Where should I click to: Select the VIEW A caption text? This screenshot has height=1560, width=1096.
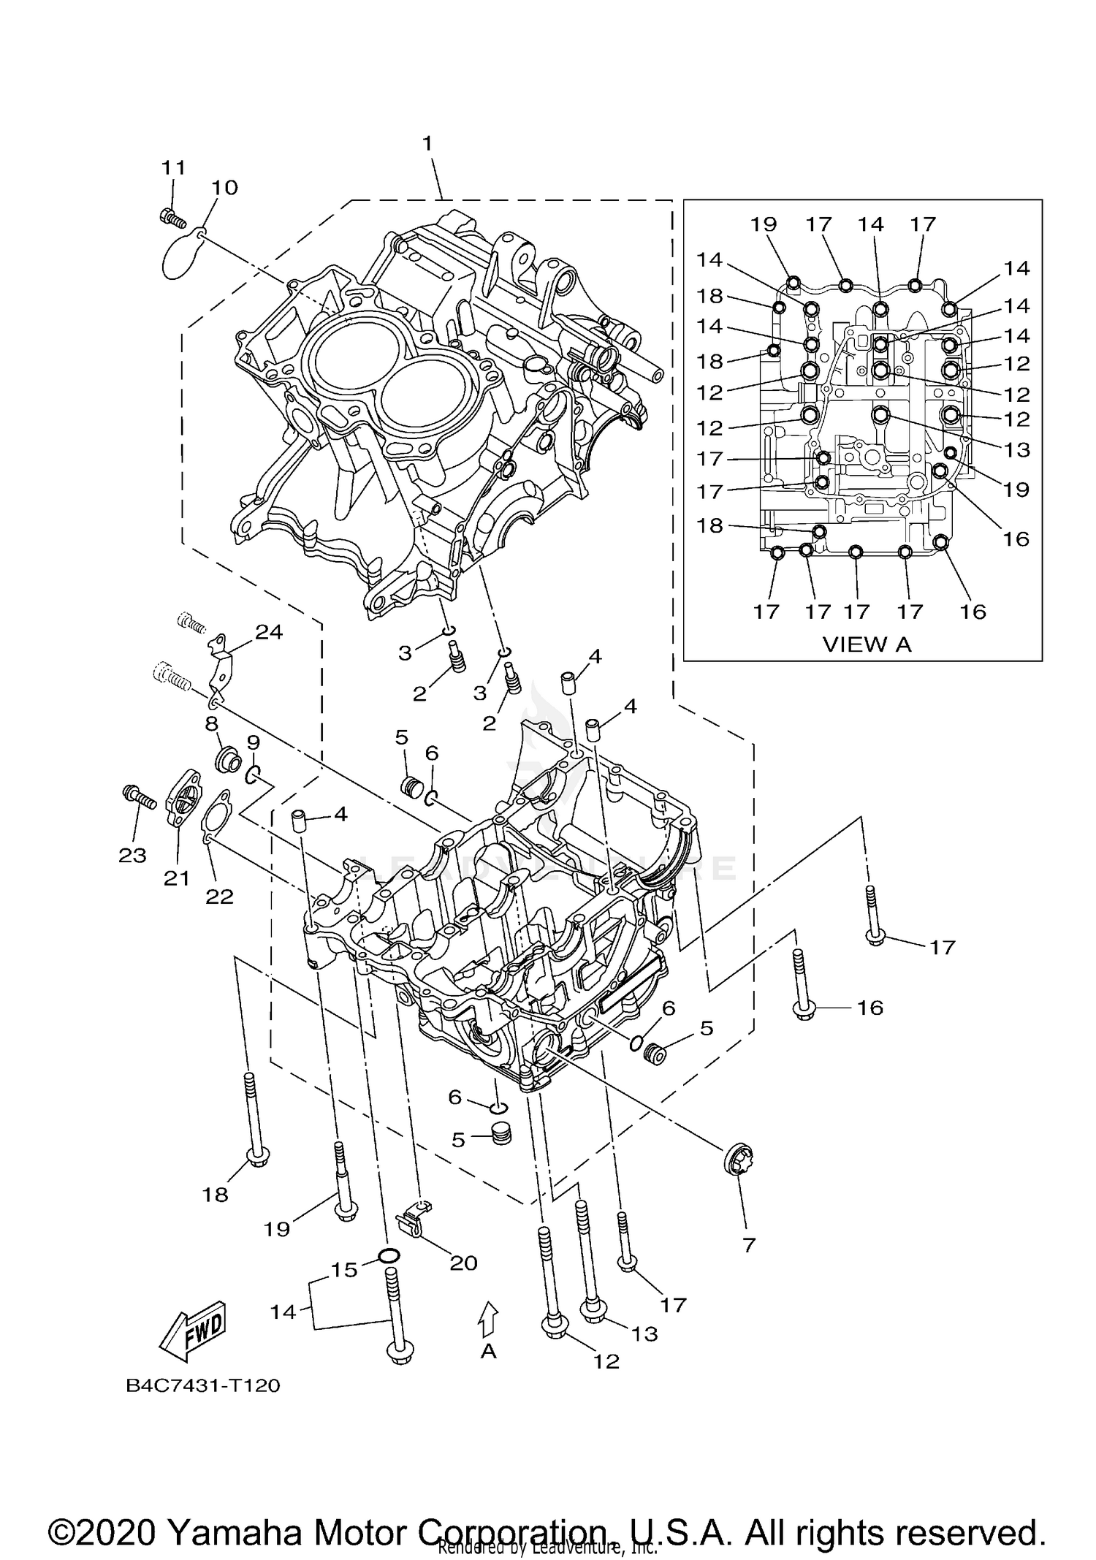(x=867, y=644)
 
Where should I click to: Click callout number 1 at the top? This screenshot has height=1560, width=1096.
(x=427, y=144)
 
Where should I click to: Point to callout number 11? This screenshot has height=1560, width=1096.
(x=174, y=167)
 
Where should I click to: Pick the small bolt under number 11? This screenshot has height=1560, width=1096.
(x=170, y=216)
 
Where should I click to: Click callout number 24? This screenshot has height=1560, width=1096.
(x=269, y=632)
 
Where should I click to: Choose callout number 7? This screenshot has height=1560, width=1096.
(x=748, y=1245)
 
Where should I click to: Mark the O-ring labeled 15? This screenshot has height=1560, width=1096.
(x=389, y=1256)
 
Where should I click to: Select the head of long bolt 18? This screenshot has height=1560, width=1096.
(x=257, y=1157)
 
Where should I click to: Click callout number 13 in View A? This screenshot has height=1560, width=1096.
(x=1016, y=449)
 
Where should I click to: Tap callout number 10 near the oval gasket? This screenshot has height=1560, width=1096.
(x=225, y=188)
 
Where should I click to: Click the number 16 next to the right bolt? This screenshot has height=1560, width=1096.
(x=869, y=1008)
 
